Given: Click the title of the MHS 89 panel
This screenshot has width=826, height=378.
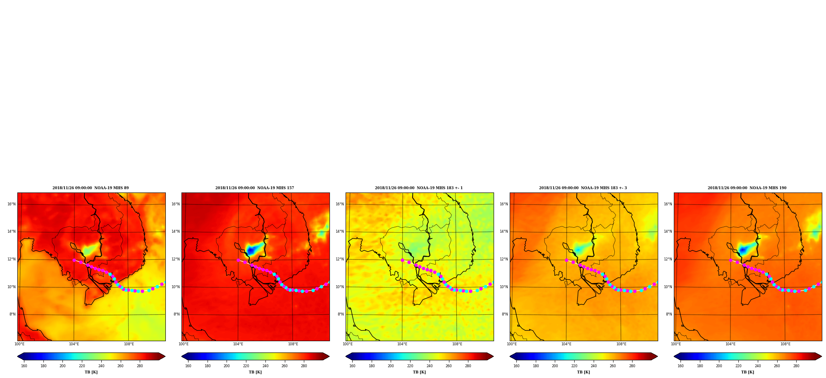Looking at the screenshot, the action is coord(91,188).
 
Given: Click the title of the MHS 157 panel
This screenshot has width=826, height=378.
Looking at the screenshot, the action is coord(255,188).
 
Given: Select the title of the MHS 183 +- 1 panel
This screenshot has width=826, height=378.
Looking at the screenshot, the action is coord(419,188).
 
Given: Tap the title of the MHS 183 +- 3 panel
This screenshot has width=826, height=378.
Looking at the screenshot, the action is coord(583,188).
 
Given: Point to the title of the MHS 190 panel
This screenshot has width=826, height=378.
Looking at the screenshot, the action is coord(747,188).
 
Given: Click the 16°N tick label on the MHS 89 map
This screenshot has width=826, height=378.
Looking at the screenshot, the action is coord(11,204).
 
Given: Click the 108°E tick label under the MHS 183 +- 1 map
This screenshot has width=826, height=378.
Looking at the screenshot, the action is coord(457,344).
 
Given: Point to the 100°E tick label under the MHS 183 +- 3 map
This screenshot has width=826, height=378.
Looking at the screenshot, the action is coord(512,344).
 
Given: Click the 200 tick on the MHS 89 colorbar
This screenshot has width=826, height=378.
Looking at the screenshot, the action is coord(62,366).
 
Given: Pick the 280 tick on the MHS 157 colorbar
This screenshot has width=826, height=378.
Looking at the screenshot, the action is coord(304,366).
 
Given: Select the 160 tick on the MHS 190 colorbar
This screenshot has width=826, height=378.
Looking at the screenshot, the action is coord(680,366).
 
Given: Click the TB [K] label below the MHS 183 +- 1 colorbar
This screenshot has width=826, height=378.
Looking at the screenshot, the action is coord(419,372).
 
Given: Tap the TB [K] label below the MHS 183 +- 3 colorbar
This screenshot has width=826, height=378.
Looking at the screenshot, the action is coord(583,372).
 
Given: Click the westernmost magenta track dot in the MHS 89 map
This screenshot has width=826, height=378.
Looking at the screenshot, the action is coord(74,260).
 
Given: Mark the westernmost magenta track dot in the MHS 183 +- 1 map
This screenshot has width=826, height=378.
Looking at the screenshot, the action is coord(402,260).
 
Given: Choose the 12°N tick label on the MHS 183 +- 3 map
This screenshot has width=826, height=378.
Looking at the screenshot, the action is coord(504,259).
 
